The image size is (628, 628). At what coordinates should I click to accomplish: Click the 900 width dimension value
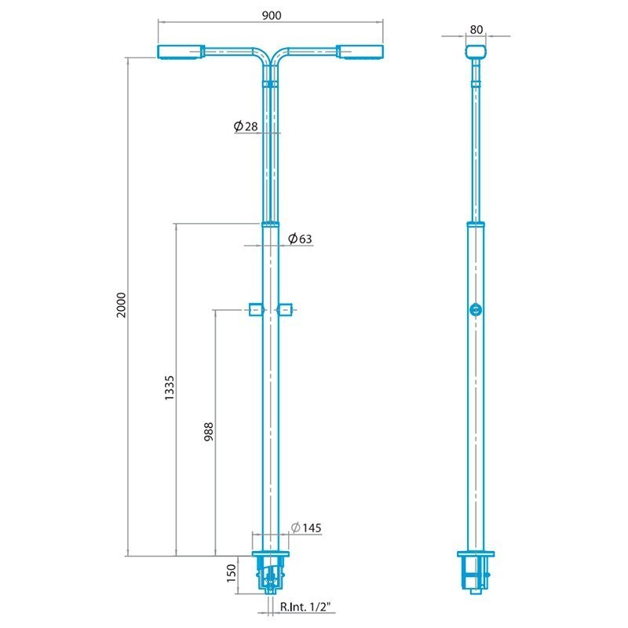pos(272,15)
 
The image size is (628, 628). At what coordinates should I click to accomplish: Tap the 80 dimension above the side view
pos(476,30)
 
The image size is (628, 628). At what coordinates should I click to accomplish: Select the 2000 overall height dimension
pos(121,305)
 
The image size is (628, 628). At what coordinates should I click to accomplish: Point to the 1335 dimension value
pos(170,388)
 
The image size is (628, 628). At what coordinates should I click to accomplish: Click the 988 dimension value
pos(209,432)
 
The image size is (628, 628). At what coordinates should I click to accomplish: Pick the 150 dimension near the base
pos(232,573)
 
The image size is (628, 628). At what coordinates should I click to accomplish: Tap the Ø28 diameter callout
pos(246,126)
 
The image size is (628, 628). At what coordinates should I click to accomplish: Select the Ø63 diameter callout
pos(300,239)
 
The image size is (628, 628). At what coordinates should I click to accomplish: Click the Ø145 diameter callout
pos(306,528)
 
